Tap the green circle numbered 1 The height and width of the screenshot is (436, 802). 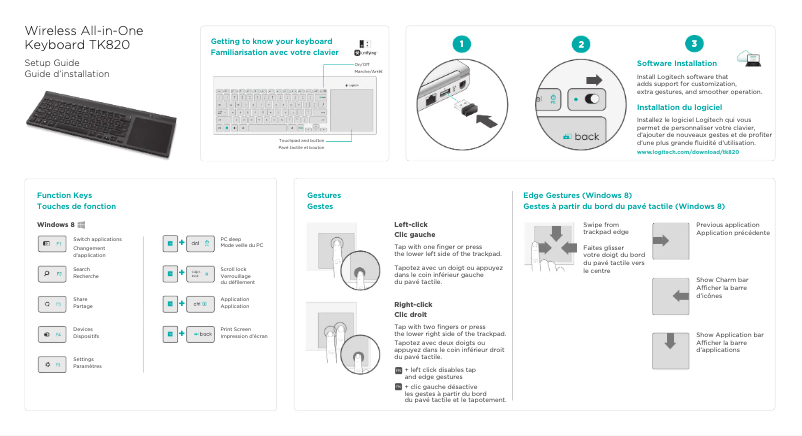[x=459, y=44]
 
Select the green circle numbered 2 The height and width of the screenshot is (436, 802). [x=582, y=44]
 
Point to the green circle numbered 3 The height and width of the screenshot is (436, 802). [x=695, y=44]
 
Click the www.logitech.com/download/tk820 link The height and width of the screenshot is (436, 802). [x=687, y=152]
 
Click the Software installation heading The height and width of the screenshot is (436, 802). [x=676, y=63]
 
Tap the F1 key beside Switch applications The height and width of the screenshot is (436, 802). [x=53, y=243]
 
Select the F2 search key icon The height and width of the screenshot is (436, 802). [x=53, y=272]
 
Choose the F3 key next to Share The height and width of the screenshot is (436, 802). [x=53, y=302]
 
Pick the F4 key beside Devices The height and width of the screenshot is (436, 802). [x=53, y=332]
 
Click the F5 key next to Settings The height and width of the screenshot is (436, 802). [x=53, y=362]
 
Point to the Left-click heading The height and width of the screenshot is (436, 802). [x=411, y=224]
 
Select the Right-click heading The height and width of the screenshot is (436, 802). [x=413, y=304]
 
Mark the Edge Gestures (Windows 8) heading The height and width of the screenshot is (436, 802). [x=577, y=194]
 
